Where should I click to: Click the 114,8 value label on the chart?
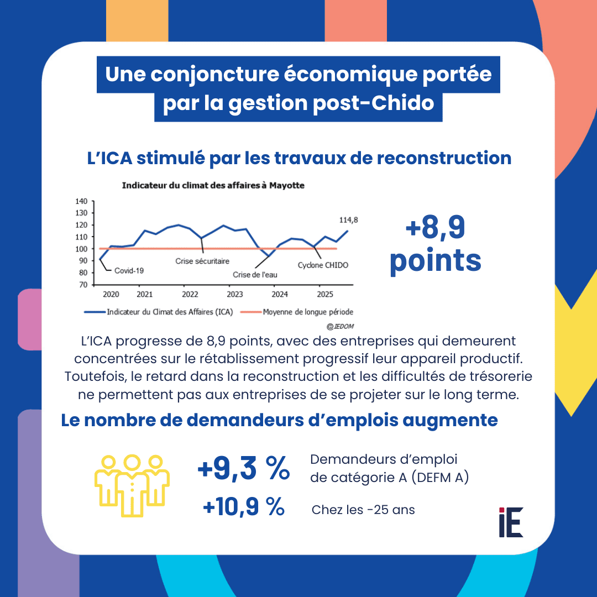pyautogui.click(x=348, y=219)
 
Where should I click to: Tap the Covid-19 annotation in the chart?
pyautogui.click(x=129, y=271)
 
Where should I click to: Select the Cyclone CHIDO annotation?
pyautogui.click(x=323, y=265)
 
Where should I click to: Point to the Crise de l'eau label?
pyautogui.click(x=255, y=274)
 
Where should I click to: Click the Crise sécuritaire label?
pyautogui.click(x=202, y=261)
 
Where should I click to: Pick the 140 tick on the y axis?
pyautogui.click(x=81, y=201)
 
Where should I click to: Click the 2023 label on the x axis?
pyautogui.click(x=235, y=294)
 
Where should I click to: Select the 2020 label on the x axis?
pyautogui.click(x=111, y=294)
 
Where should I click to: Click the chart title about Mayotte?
pyautogui.click(x=213, y=186)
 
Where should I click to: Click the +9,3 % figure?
pyautogui.click(x=244, y=469)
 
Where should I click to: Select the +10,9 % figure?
pyautogui.click(x=244, y=507)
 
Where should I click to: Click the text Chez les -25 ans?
pyautogui.click(x=363, y=510)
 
